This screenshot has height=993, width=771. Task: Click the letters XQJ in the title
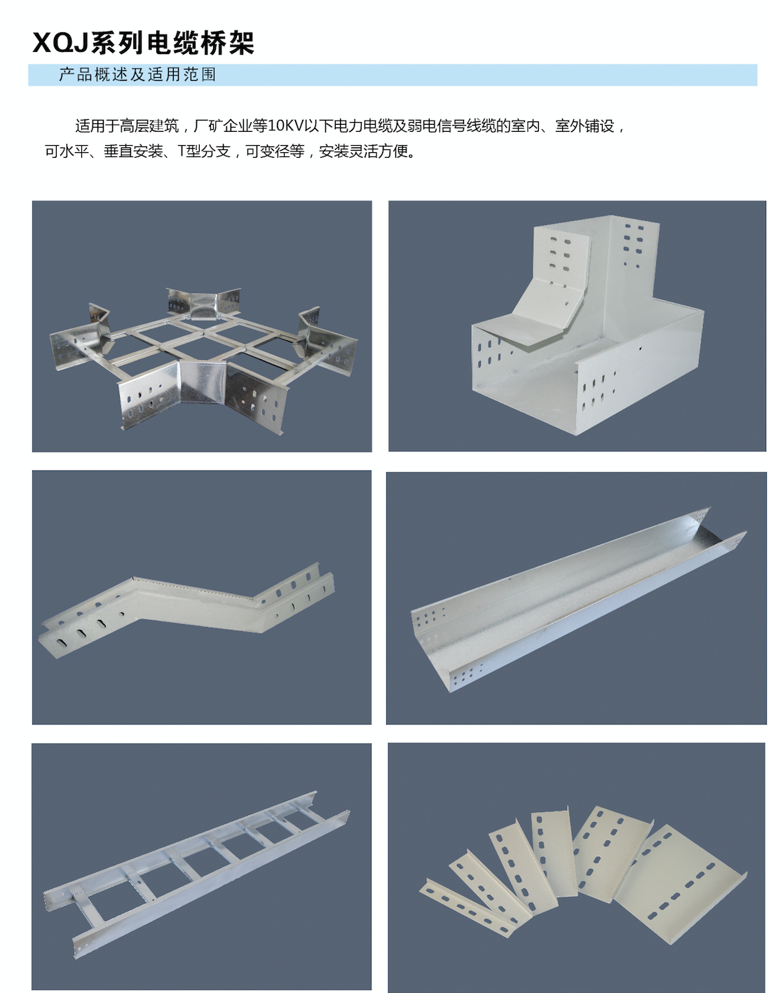tap(61, 43)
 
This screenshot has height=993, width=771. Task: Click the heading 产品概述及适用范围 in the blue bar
tap(137, 75)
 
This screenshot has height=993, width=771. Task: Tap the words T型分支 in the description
tap(204, 151)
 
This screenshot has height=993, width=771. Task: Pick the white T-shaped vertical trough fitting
tap(587, 325)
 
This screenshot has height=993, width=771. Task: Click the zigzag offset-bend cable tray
tap(186, 609)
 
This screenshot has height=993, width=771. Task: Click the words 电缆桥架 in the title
tap(200, 43)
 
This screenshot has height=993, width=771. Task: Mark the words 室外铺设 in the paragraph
tap(585, 126)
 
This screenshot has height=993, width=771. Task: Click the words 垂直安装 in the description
tap(133, 151)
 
